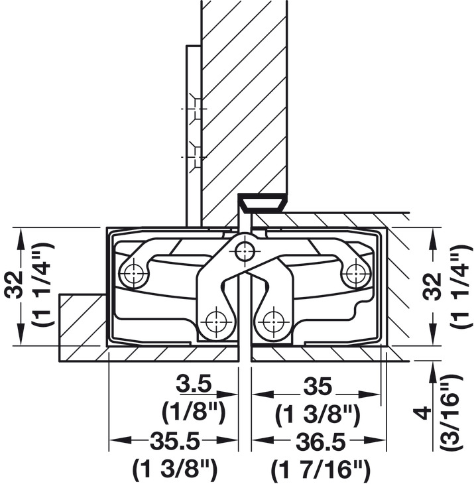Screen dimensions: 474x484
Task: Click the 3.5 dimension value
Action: [x=194, y=384]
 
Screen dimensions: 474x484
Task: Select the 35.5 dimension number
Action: [x=175, y=442]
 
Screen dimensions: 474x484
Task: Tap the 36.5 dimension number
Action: [x=321, y=442]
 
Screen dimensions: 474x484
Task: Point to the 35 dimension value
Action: [x=318, y=386]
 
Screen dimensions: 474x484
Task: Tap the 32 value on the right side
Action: [x=432, y=286]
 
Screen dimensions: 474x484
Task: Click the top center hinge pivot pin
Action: [x=245, y=251]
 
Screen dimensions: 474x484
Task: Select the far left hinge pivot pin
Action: [x=133, y=273]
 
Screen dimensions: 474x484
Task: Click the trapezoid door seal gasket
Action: [x=263, y=203]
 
